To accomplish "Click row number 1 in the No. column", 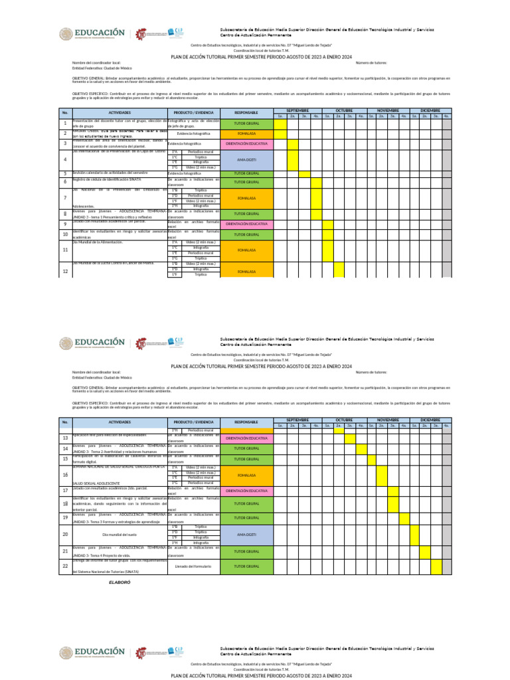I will [x=65, y=124].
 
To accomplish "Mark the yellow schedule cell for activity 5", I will [x=304, y=174].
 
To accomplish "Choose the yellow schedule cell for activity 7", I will [x=316, y=198].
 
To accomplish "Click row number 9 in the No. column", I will [x=65, y=224].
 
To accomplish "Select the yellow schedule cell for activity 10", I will [x=327, y=234].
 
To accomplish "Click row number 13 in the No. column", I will [x=65, y=438].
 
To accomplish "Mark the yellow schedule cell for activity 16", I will [x=382, y=475].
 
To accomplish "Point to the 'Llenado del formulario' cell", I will [x=193, y=566].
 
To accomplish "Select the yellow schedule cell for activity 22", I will [x=436, y=566].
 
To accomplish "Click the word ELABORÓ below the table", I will [x=120, y=582].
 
